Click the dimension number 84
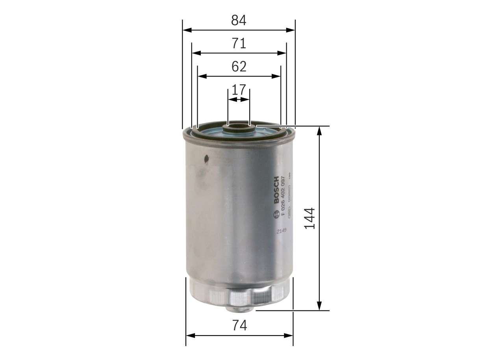click(x=239, y=20)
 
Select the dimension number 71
click(x=239, y=43)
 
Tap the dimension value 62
click(x=239, y=67)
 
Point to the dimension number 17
click(x=239, y=90)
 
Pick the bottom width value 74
click(x=239, y=325)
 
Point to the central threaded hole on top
click(x=239, y=127)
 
